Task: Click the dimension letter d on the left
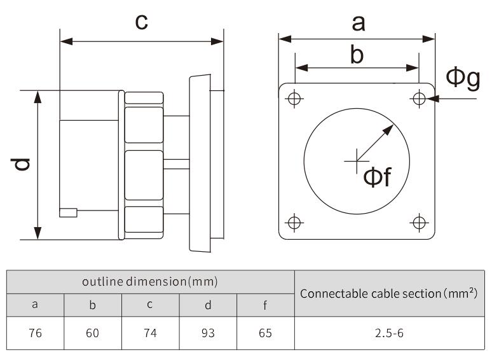[22, 165]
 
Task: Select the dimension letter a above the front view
[359, 23]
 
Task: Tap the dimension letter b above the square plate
[357, 55]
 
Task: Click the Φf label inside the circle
[376, 177]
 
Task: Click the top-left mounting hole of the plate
[294, 99]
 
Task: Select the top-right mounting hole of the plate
[419, 99]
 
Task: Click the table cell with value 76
[36, 333]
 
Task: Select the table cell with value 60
[93, 333]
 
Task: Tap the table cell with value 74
[150, 333]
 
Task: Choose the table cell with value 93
[208, 333]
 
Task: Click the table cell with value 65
[265, 333]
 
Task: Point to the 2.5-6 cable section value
[389, 333]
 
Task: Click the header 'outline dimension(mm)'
[150, 281]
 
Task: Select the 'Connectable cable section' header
[389, 293]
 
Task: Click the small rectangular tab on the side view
[68, 212]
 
